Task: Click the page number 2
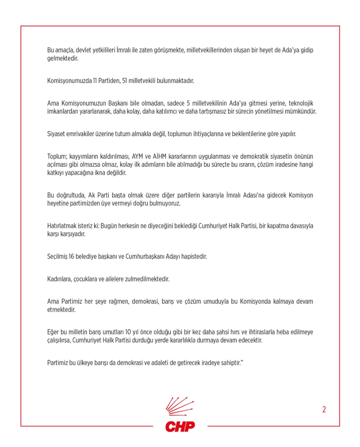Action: point(324,409)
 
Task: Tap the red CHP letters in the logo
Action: point(180,426)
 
